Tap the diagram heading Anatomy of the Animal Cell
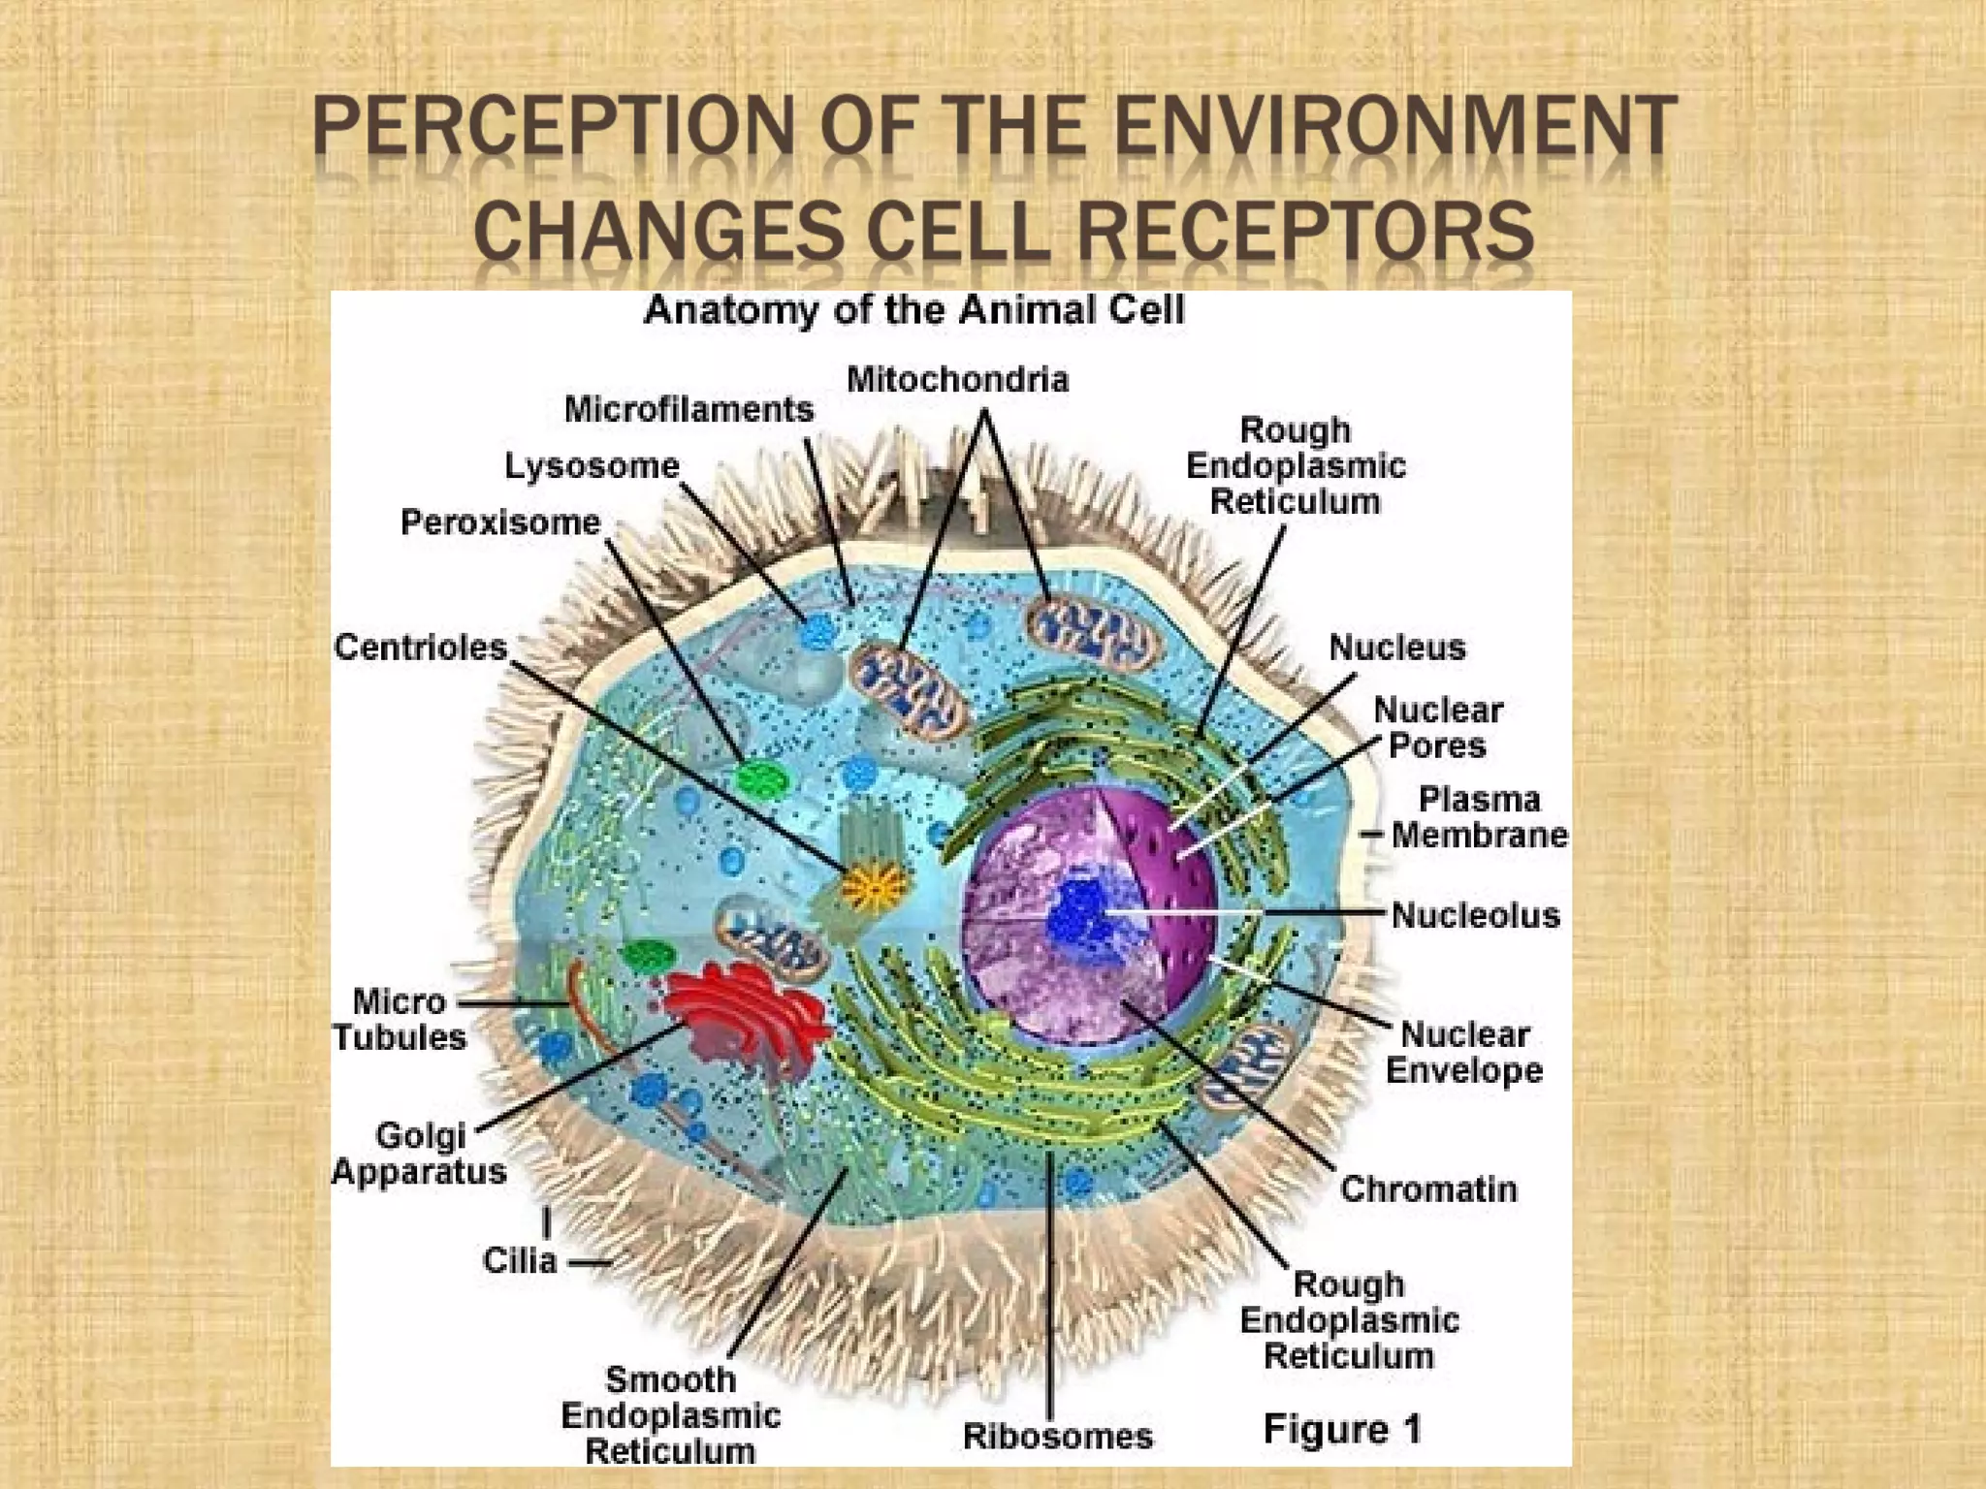coord(913,310)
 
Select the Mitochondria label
coord(957,379)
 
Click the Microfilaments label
coord(689,409)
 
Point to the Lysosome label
coord(592,466)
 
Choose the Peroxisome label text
coord(500,523)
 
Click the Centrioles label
coord(420,647)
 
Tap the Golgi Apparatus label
coord(419,1154)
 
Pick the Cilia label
coord(520,1261)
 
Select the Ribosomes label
coord(1057,1436)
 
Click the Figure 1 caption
coord(1342,1429)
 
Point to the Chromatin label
coord(1428,1188)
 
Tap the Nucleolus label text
coord(1475,915)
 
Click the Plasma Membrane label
coord(1479,817)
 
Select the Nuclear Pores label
coord(1438,728)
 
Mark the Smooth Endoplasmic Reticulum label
coord(670,1415)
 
